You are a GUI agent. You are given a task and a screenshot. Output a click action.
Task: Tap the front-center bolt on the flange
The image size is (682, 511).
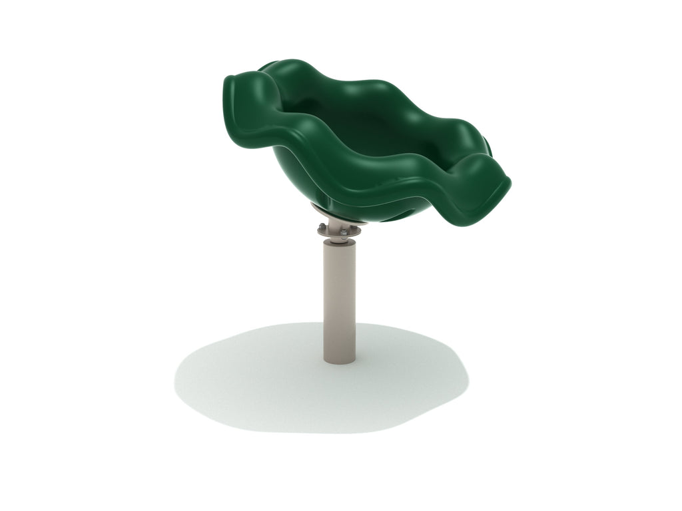click(343, 232)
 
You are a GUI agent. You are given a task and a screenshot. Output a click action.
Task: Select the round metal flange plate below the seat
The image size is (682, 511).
click(340, 230)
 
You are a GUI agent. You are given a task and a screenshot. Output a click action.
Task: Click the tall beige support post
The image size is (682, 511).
click(340, 299)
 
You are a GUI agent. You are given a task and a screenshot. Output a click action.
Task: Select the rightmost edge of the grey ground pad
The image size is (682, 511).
click(468, 379)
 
